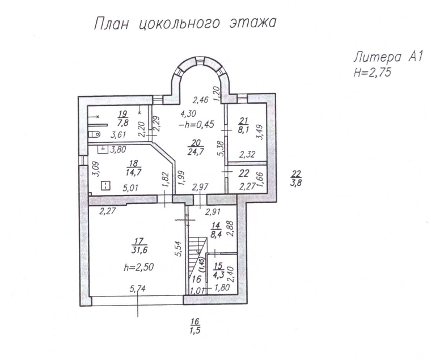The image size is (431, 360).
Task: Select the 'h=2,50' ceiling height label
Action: pyautogui.click(x=137, y=266)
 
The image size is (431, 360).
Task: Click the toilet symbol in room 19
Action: pyautogui.click(x=95, y=135)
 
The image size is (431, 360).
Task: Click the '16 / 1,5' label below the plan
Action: pyautogui.click(x=196, y=329)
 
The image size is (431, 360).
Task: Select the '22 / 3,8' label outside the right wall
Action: pyautogui.click(x=295, y=183)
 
